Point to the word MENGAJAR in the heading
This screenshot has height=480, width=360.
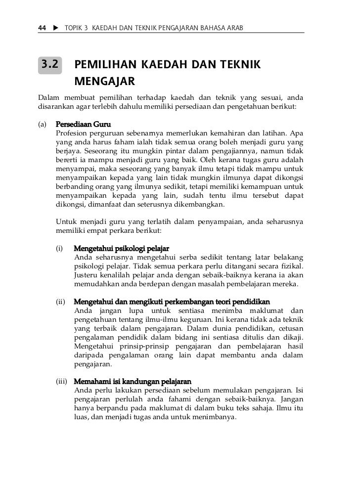point(105,81)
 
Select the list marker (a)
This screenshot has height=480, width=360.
point(43,124)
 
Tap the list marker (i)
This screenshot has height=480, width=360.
point(60,248)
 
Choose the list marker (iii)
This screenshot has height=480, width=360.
point(62,382)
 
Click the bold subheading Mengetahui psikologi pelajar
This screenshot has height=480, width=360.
point(121,248)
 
